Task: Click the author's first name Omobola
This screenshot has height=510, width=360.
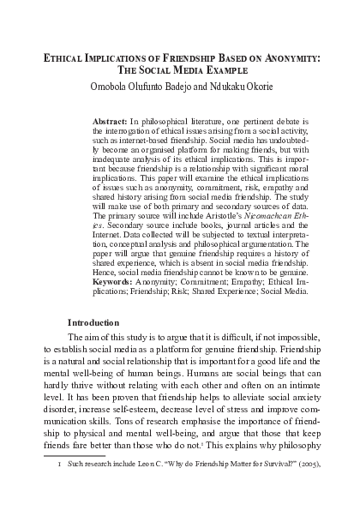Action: [113, 88]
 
